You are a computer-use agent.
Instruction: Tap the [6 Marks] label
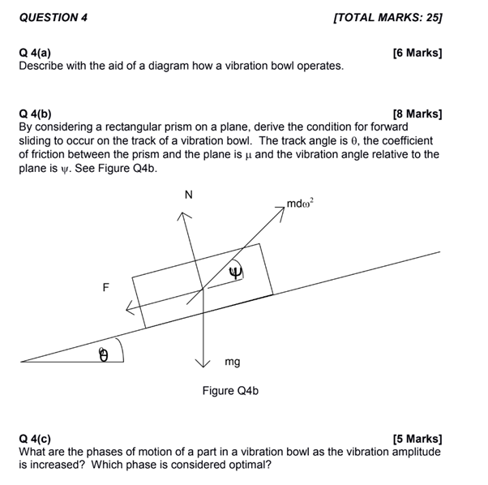click(x=417, y=54)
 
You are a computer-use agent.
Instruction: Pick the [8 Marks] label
click(x=417, y=115)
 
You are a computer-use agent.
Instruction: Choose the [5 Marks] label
click(x=417, y=440)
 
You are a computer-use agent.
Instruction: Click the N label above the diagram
click(x=189, y=194)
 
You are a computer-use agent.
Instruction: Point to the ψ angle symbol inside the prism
click(x=236, y=271)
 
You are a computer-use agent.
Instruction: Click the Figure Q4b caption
click(x=230, y=391)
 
